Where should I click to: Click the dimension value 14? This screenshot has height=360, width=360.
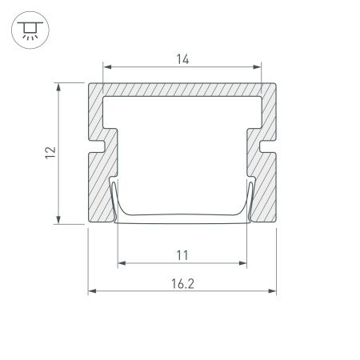[182, 58]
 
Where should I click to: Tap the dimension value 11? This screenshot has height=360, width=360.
[182, 255]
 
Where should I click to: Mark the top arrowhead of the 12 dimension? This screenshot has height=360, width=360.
[58, 86]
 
